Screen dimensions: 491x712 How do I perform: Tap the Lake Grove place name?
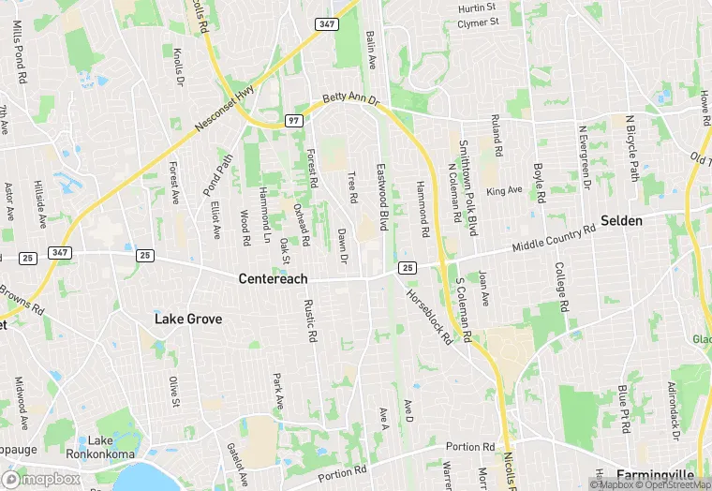point(188,320)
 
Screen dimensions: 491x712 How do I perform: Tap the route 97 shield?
point(292,122)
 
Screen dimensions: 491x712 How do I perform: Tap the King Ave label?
point(504,191)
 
